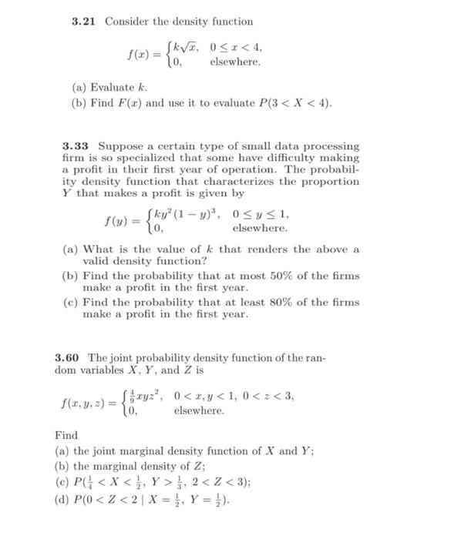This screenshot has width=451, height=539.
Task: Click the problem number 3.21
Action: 84,21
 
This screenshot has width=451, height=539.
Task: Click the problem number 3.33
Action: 76,146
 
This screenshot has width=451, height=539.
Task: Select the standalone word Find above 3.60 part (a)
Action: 66,435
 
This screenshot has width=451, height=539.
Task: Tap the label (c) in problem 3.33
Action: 69,302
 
